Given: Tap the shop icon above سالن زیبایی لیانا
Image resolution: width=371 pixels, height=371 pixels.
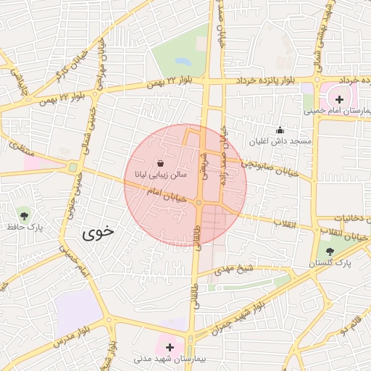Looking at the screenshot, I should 159,164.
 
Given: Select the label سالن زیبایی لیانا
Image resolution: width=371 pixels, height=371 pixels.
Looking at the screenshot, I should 158,175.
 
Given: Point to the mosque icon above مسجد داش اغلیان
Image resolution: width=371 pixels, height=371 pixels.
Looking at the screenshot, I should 280,130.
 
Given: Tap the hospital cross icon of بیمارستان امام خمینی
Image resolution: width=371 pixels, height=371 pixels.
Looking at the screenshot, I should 339,99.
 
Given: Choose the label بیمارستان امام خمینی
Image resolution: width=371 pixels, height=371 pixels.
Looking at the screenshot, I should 337,111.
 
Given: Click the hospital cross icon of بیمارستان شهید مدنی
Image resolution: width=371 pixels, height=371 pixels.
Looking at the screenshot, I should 170,348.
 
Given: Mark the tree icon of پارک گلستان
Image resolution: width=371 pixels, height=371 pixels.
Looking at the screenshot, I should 330,251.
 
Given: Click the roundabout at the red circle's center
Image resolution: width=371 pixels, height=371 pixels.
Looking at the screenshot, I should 198,203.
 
